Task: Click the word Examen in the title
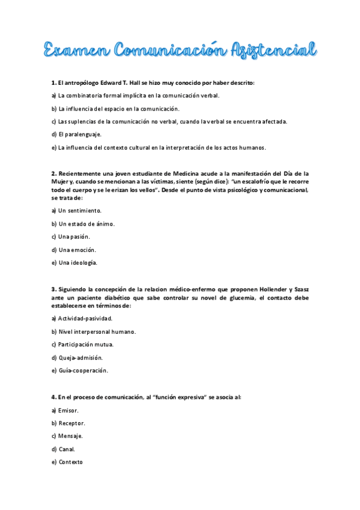click(x=77, y=50)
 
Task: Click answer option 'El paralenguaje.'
click(x=77, y=134)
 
